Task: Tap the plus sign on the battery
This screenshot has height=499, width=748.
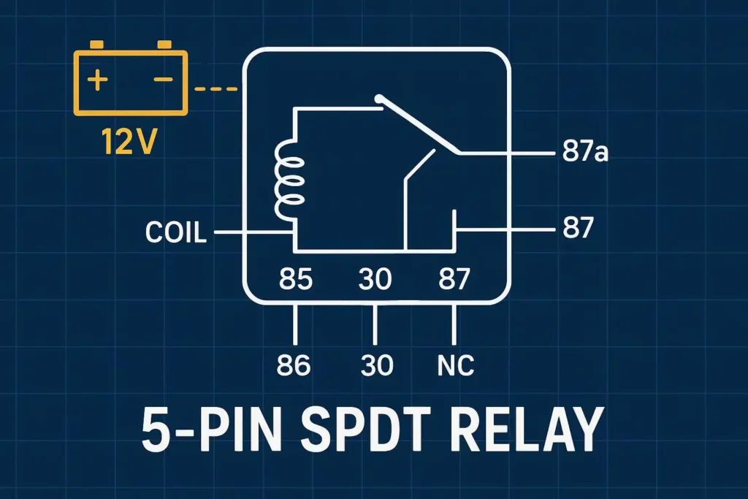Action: [x=95, y=80]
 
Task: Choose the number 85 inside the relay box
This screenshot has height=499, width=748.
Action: [x=297, y=280]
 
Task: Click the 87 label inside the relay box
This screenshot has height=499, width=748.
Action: [x=454, y=280]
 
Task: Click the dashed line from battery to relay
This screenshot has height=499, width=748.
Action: [x=217, y=90]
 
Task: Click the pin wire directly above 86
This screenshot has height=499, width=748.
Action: [x=296, y=325]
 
